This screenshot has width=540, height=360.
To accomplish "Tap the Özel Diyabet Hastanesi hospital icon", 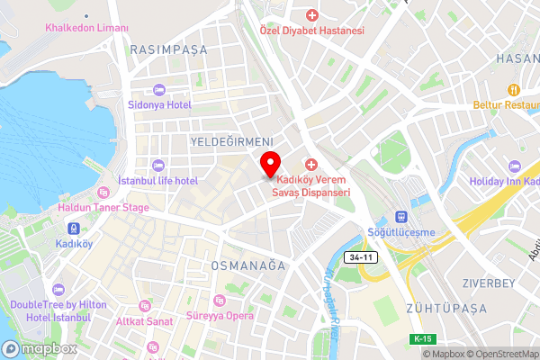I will click(312, 15).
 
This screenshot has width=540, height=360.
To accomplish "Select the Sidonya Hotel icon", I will click(159, 90).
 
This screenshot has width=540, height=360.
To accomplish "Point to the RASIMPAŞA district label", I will click(167, 50).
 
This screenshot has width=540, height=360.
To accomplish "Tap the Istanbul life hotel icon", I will click(159, 166).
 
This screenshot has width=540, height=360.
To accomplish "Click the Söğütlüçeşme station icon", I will click(400, 218).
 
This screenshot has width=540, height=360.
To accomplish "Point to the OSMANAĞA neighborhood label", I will click(247, 266).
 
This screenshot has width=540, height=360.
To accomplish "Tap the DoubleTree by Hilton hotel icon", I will click(58, 291).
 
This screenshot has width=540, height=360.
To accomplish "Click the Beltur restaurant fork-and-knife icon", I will click(514, 89).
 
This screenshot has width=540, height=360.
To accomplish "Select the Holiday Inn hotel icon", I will click(514, 166).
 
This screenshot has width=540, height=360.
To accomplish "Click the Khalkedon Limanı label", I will click(87, 29).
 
